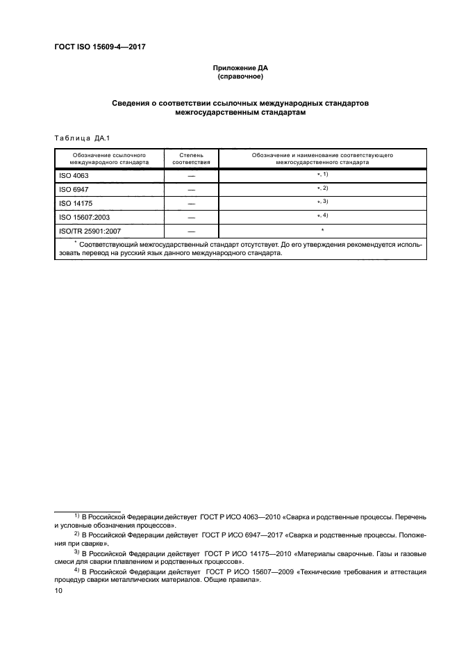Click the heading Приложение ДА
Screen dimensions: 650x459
click(240, 68)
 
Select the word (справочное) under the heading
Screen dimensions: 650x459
click(240, 77)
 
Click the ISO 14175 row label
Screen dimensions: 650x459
click(76, 203)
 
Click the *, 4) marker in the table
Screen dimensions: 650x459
click(323, 216)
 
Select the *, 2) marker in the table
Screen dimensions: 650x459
click(323, 188)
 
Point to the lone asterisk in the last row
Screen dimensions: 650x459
click(323, 229)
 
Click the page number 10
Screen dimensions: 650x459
click(58, 590)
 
